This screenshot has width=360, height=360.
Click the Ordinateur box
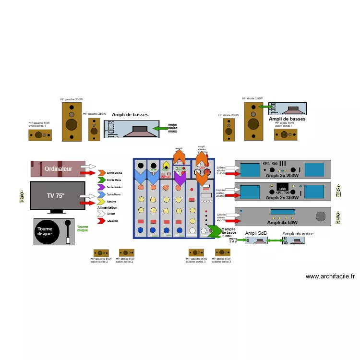click(58, 168)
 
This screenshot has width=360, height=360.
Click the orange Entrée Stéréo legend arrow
click(102, 173)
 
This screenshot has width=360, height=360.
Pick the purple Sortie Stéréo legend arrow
click(102, 186)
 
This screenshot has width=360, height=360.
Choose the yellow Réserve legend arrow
click(102, 202)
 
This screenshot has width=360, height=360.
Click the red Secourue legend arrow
click(102, 220)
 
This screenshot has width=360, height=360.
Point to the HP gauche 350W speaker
click(72, 121)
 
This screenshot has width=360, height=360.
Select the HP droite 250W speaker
click(229, 130)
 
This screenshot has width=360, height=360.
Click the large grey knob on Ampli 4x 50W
click(320, 216)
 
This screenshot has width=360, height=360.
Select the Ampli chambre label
click(298, 234)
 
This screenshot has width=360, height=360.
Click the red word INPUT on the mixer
click(166, 177)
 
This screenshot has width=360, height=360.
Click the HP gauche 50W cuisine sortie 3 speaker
click(197, 252)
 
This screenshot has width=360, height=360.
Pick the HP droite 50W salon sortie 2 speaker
click(126, 252)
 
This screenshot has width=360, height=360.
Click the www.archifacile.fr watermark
click(330, 276)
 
